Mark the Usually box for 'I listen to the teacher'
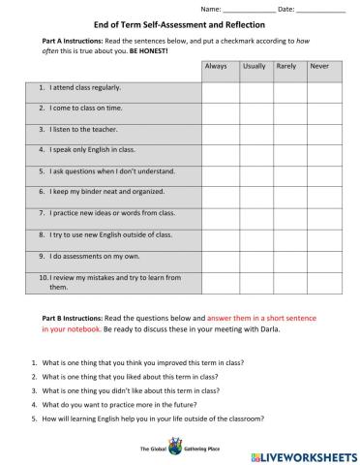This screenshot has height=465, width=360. point(254,131)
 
